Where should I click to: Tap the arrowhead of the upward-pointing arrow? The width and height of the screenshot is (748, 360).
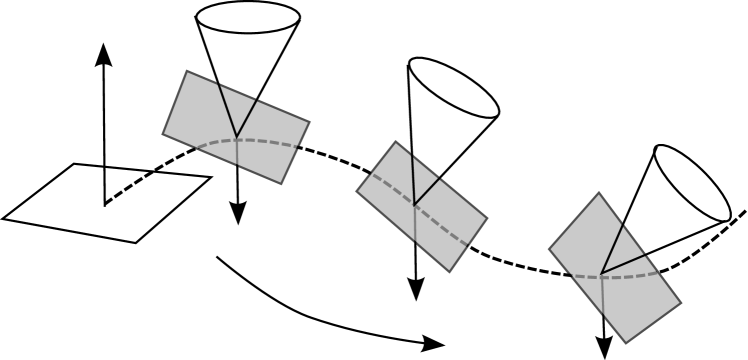coord(104,56)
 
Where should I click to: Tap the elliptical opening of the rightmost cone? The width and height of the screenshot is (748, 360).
coord(694,181)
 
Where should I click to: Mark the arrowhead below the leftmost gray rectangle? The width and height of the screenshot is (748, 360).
coord(237,214)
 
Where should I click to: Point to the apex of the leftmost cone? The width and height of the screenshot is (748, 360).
coord(236,137)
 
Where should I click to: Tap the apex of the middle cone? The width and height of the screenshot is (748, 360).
coord(414,206)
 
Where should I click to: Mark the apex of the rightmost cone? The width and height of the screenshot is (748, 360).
coord(601,272)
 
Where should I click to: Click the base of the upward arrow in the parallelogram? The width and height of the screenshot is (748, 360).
coord(105,204)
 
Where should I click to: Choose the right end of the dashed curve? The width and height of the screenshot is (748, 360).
coord(744,212)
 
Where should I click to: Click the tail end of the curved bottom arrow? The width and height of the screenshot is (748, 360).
coord(218,258)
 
